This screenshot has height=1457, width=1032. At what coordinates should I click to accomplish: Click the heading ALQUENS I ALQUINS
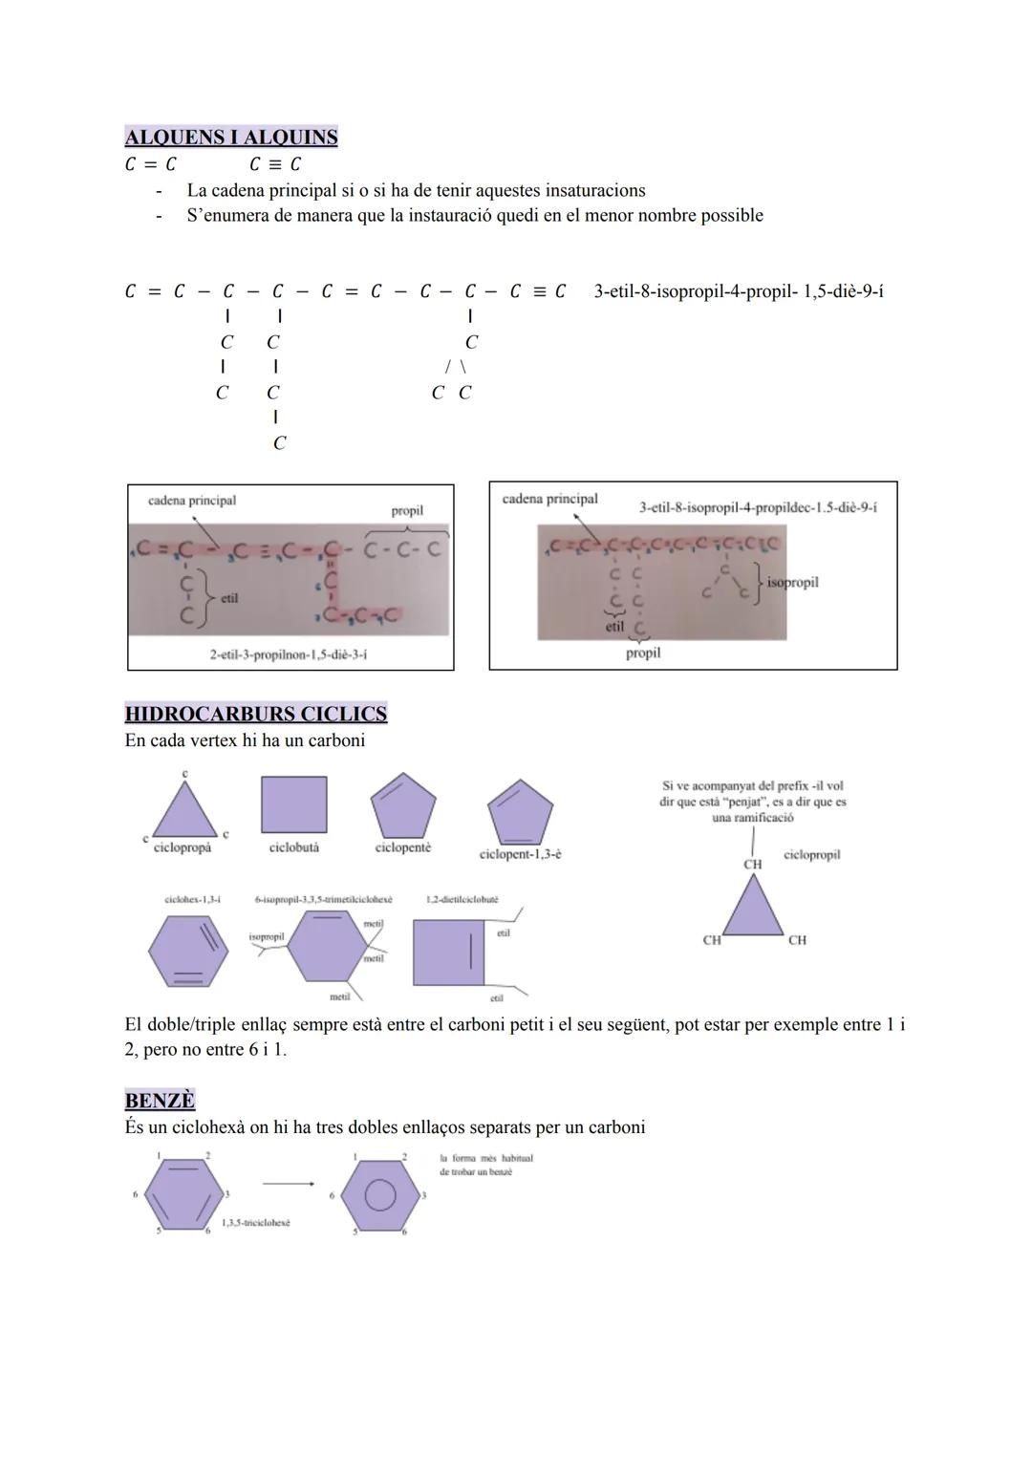231,137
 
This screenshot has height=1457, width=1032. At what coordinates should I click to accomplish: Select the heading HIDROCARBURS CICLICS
255,714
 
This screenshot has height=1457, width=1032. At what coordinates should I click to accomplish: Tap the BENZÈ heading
160,1100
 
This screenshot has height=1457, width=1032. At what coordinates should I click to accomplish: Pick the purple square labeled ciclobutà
293,804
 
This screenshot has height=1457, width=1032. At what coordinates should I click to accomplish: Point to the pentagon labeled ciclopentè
403,806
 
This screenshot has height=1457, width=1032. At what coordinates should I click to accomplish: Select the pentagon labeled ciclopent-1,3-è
520,811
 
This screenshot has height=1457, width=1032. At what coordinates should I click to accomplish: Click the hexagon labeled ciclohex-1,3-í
188,952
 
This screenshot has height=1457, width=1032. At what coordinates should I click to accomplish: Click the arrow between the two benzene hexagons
288,1184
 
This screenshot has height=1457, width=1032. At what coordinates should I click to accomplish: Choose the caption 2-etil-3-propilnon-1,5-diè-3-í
288,654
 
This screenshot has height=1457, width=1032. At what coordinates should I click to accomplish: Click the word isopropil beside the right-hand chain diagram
792,582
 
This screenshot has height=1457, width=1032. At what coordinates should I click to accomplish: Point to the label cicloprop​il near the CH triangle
811,855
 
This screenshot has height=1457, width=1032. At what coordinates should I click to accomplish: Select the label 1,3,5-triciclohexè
255,1223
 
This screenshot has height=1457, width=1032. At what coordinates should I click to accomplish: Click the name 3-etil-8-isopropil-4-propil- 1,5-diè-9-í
738,290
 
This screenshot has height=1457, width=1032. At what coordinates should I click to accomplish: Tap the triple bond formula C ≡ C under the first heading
275,164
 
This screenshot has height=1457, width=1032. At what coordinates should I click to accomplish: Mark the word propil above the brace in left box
407,511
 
